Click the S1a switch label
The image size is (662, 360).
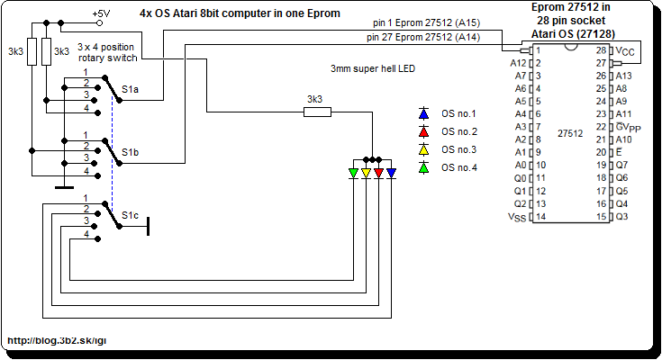(x=131, y=90)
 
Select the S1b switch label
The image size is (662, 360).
(x=131, y=153)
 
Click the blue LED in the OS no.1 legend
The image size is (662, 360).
(x=423, y=114)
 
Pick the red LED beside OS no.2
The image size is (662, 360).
(x=423, y=132)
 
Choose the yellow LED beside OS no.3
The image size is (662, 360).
(x=423, y=149)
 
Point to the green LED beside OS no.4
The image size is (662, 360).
(x=423, y=167)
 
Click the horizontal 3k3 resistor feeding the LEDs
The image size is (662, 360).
(x=317, y=112)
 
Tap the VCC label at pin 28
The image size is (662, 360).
(x=628, y=51)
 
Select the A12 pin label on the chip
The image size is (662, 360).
(x=517, y=64)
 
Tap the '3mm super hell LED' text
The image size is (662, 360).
(x=373, y=69)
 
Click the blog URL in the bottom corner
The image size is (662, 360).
(x=58, y=342)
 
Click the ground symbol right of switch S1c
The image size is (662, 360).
(x=147, y=226)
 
